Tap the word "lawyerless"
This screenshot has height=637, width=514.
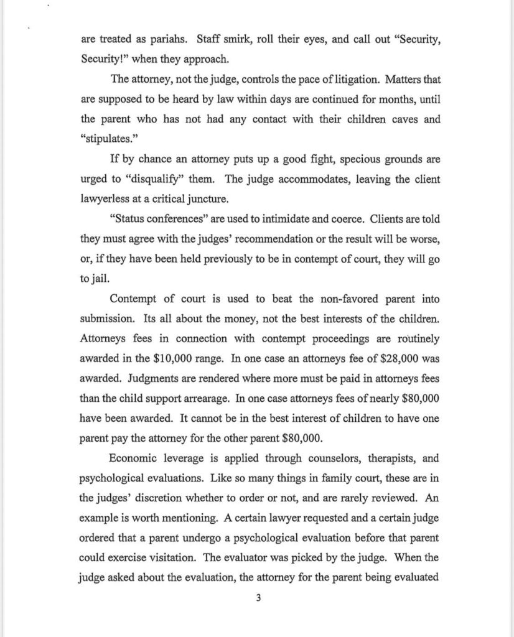107,200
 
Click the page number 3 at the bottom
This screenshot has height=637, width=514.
258,598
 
